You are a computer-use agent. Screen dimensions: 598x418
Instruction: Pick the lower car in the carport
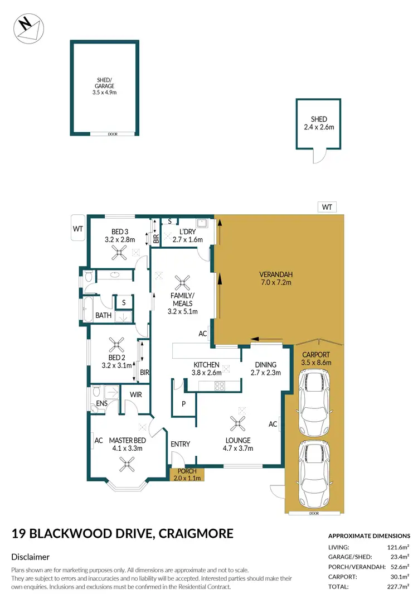pyautogui.click(x=315, y=473)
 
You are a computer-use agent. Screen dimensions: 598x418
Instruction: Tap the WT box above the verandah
pyautogui.click(x=327, y=208)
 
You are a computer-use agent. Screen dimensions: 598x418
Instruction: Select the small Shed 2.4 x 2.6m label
pyautogui.click(x=319, y=123)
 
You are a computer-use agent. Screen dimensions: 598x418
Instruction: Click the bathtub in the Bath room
pyautogui.click(x=88, y=308)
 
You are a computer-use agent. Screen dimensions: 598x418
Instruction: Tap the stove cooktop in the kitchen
pyautogui.click(x=220, y=384)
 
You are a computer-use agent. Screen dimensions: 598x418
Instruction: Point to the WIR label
pyautogui.click(x=135, y=394)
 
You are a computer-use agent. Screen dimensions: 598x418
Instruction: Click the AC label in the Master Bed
pyautogui.click(x=99, y=441)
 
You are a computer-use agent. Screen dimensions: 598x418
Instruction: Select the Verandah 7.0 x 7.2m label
pyautogui.click(x=276, y=278)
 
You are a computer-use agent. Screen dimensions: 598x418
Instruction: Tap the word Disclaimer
pyautogui.click(x=31, y=557)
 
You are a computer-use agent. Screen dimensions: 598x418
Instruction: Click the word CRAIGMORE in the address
pyautogui.click(x=196, y=534)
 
